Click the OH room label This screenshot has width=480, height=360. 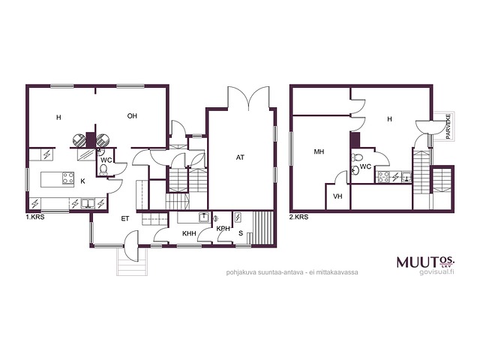132,116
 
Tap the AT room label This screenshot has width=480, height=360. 240,157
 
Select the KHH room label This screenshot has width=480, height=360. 189,233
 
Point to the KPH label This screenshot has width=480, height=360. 223,229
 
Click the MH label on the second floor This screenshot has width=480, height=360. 319,151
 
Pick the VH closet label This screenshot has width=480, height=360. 337,196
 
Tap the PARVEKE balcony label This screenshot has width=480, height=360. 448,127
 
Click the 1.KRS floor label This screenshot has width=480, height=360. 35,217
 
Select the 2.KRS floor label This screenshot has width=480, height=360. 298,217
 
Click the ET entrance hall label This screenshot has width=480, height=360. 125,218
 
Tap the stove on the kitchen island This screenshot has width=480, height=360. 68,178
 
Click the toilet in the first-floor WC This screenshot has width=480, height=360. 103,170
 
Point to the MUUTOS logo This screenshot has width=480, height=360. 425,262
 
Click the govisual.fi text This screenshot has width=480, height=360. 436,272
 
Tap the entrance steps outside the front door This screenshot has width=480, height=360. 132,262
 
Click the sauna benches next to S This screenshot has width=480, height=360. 263,228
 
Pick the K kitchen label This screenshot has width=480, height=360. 82,181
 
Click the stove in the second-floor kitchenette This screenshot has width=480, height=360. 383,177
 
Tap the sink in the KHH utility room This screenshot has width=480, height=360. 204,217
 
